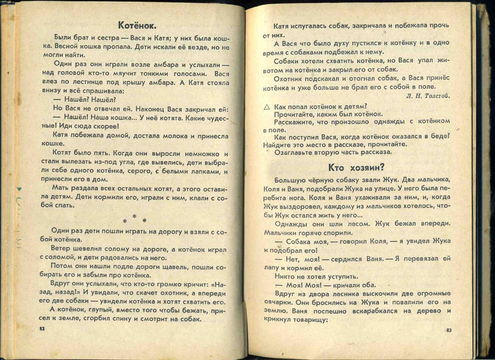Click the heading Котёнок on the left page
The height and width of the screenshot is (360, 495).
(136, 26)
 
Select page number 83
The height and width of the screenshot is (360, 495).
(448, 330)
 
